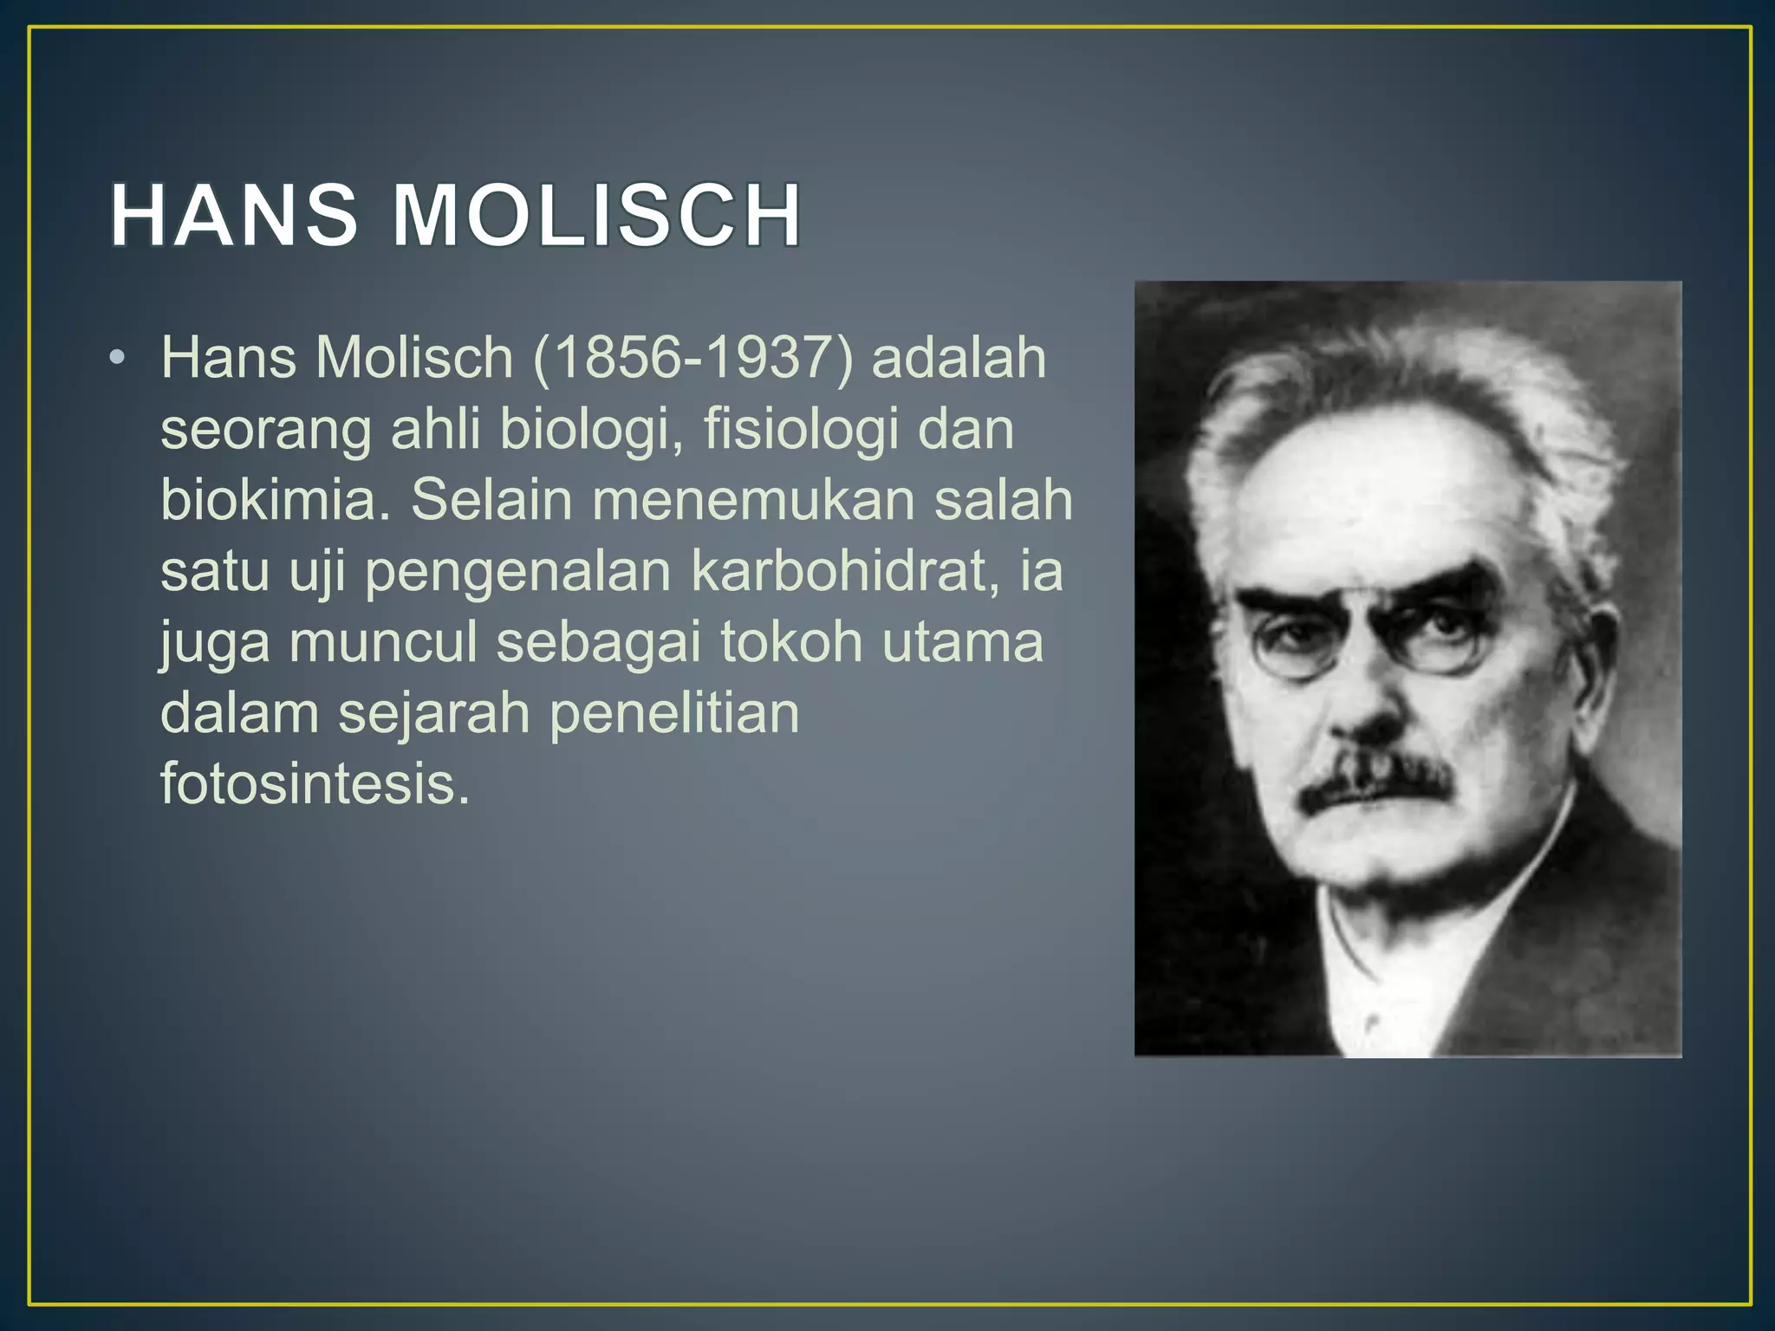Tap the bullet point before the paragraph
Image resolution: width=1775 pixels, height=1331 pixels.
118,358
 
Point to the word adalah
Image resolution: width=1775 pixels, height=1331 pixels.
959,358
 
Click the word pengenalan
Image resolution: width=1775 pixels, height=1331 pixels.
518,573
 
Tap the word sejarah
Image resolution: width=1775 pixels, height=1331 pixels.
433,715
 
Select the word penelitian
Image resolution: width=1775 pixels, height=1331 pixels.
674,715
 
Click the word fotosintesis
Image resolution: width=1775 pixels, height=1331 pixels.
315,784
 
